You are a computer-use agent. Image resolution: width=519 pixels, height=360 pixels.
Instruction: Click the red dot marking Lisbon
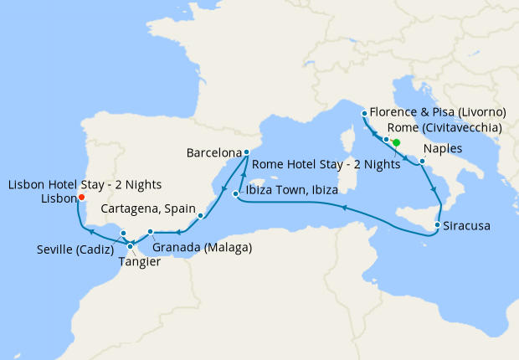pos(81,198)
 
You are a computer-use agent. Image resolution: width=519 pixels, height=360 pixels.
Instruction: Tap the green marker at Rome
pos(396,142)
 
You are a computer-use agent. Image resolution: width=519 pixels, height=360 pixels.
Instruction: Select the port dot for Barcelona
pos(246,152)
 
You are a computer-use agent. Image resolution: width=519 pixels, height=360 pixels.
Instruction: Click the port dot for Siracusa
pos(438,225)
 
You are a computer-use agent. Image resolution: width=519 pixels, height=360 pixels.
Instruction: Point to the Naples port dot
pos(422,160)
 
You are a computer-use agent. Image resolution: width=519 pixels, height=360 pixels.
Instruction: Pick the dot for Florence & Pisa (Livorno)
pos(363,114)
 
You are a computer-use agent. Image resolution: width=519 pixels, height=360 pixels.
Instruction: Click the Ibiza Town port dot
pos(236,194)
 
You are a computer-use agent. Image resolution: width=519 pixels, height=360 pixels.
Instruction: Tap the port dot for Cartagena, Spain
pos(201,216)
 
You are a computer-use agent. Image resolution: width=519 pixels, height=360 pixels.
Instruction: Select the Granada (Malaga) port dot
pos(150,232)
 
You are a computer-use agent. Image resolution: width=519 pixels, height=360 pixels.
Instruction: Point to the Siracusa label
pos(467,226)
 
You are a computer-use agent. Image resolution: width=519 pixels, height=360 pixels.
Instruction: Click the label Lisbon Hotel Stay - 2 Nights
pos(85,184)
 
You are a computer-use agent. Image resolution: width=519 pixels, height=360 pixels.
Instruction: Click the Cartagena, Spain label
pos(148,208)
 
